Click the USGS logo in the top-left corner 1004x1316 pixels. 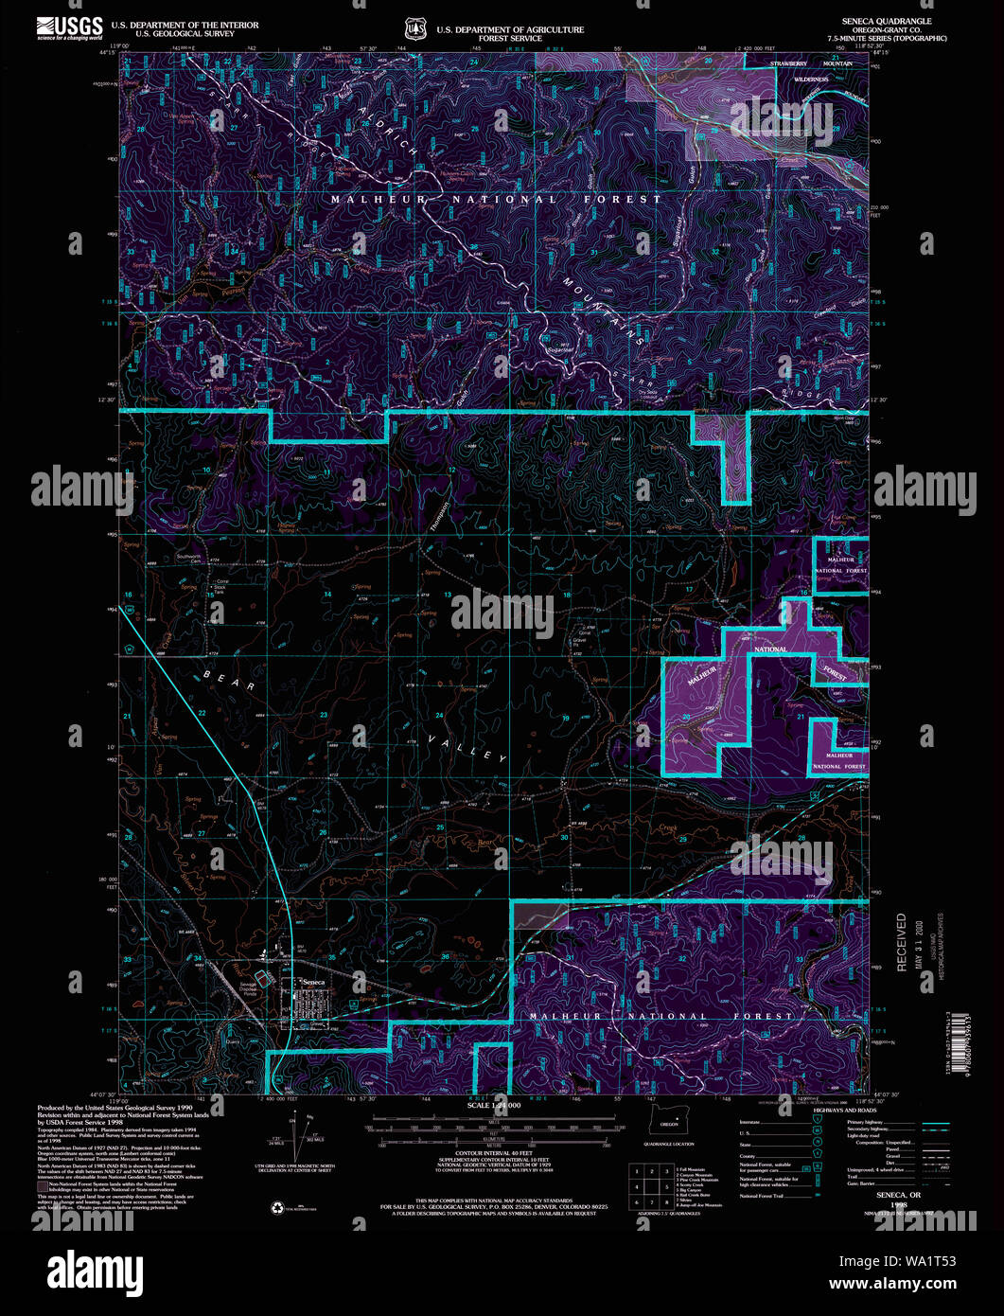point(69,27)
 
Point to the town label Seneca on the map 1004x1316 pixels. point(313,982)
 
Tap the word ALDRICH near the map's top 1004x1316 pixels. point(387,132)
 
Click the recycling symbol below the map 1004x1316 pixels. point(278,1206)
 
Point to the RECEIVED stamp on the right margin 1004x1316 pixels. point(901,941)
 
